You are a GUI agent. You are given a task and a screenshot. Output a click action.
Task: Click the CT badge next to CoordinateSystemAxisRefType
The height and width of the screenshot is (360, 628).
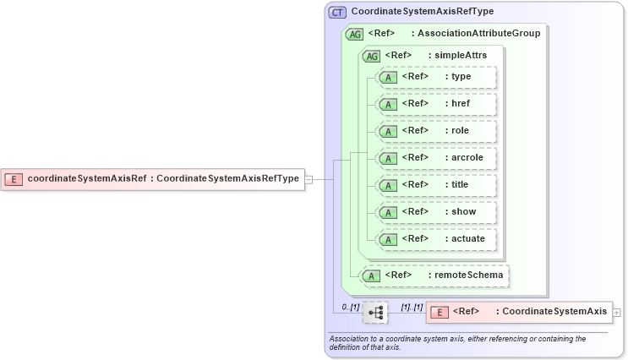(x=337, y=12)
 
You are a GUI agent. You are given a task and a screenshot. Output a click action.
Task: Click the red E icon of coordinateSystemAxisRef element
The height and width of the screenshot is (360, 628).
(x=14, y=178)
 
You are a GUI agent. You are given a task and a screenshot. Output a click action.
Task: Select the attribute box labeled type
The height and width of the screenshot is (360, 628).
(x=436, y=77)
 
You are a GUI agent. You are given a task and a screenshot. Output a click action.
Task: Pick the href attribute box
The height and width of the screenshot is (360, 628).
(x=436, y=104)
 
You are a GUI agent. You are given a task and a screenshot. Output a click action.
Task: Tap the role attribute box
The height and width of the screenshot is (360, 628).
(x=436, y=131)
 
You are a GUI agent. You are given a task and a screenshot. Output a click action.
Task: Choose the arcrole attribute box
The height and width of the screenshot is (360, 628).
(x=436, y=158)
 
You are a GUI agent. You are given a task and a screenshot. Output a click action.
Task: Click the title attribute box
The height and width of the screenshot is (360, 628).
(x=436, y=185)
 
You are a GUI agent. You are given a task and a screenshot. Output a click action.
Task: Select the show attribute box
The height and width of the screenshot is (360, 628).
(x=436, y=212)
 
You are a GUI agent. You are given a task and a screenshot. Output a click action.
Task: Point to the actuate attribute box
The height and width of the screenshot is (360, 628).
(x=436, y=239)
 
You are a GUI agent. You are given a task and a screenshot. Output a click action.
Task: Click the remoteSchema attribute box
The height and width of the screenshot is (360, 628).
(x=436, y=275)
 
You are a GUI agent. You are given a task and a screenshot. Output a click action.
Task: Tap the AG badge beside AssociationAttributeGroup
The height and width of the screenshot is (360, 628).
(x=355, y=34)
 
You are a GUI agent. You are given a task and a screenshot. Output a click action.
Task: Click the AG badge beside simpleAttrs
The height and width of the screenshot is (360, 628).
(x=371, y=56)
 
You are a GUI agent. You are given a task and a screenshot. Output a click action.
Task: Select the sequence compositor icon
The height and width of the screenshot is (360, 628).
(x=375, y=313)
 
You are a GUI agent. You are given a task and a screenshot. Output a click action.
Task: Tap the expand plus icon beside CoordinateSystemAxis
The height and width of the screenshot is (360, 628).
(x=617, y=313)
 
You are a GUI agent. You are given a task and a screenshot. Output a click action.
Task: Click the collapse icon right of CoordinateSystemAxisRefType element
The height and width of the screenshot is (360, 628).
(x=309, y=179)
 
